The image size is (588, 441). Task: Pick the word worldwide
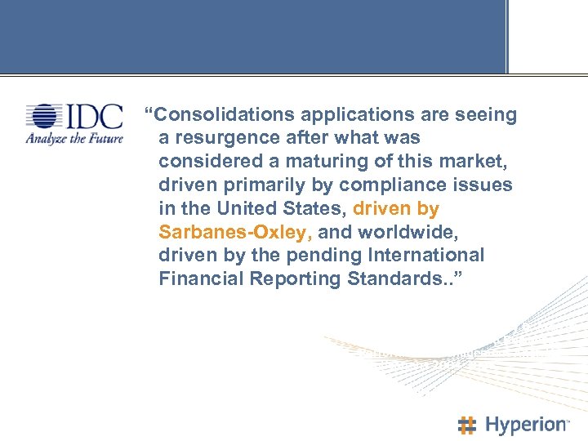420,232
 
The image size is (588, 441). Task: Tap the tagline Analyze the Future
73,139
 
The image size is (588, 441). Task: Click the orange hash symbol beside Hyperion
467,425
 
